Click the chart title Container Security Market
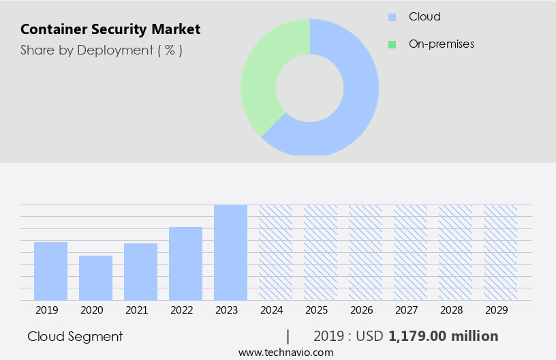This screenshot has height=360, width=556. tap(110, 30)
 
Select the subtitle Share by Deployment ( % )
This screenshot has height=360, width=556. tap(101, 50)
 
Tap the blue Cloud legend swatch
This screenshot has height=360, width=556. tap(392, 17)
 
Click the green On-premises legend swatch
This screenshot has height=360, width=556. tap(392, 44)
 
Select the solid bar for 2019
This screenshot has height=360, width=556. tap(50, 271)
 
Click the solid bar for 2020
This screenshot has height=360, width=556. tap(95, 277)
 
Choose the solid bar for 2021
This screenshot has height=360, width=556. tap(140, 271)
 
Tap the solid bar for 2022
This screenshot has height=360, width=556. tap(185, 263)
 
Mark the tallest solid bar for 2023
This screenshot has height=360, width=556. tap(230, 252)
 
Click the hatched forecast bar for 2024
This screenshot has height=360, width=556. tap(275, 252)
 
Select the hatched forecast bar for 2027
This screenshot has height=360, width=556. tap(410, 252)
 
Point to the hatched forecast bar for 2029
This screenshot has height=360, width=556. tap(500, 252)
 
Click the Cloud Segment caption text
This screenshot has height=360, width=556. tap(75, 336)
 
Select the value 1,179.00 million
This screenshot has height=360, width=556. tap(443, 336)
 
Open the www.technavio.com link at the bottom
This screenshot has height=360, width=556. tap(285, 352)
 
